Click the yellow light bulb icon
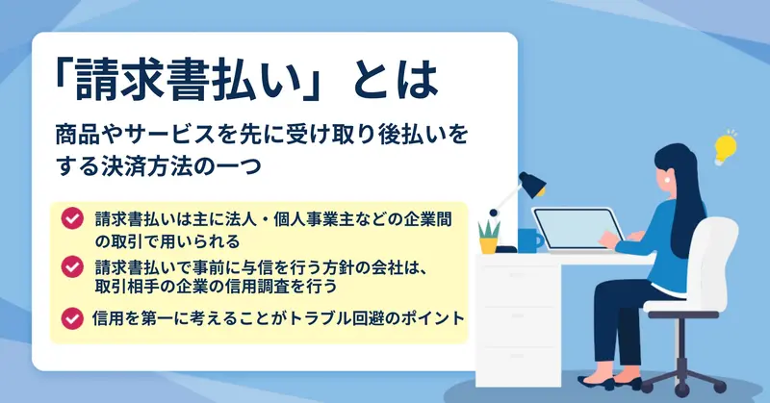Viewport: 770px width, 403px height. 725,148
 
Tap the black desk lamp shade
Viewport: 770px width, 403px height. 533,185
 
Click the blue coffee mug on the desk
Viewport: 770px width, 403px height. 529,240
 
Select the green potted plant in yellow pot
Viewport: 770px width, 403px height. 489,238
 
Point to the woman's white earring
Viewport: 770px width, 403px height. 667,179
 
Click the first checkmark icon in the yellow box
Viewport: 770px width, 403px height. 72,218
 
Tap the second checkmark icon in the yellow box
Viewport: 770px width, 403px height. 72,267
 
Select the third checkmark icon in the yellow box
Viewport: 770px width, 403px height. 72,318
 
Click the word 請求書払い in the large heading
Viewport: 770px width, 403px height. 188,80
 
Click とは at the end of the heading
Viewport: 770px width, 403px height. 395,80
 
